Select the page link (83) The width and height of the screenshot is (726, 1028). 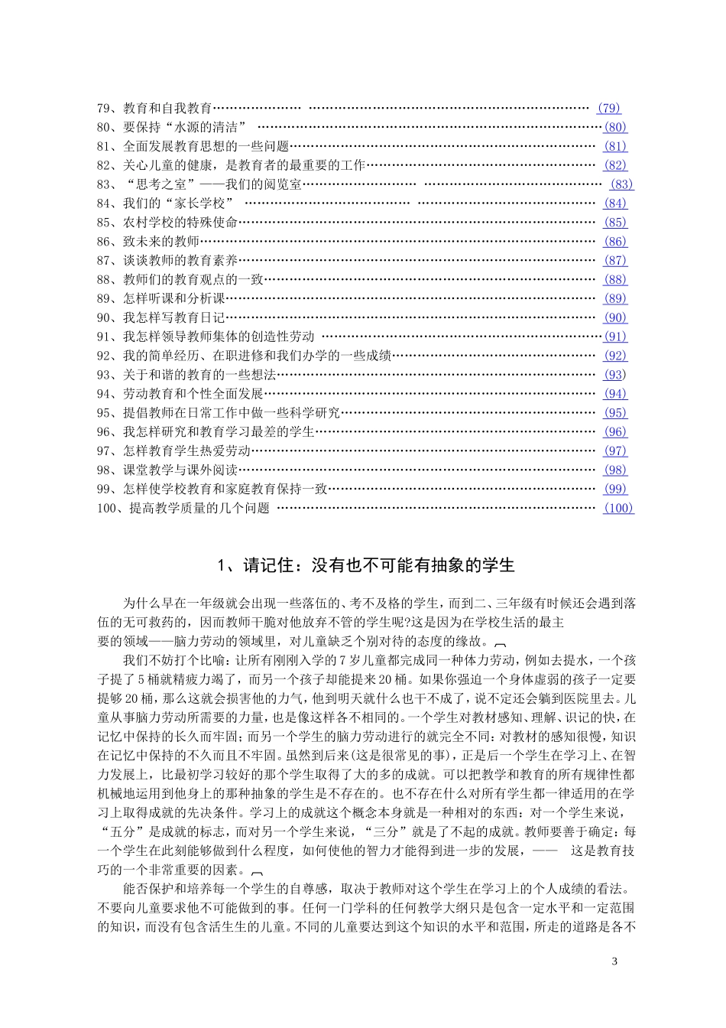pyautogui.click(x=622, y=184)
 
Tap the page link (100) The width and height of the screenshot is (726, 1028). pyautogui.click(x=618, y=508)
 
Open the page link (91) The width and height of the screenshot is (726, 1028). pyautogui.click(x=614, y=337)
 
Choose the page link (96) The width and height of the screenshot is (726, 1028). pyautogui.click(x=615, y=432)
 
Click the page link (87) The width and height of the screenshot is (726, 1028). pyautogui.click(x=615, y=261)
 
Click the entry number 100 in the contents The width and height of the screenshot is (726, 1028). pyautogui.click(x=109, y=508)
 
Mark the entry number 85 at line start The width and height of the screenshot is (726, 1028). pyautogui.click(x=105, y=223)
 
